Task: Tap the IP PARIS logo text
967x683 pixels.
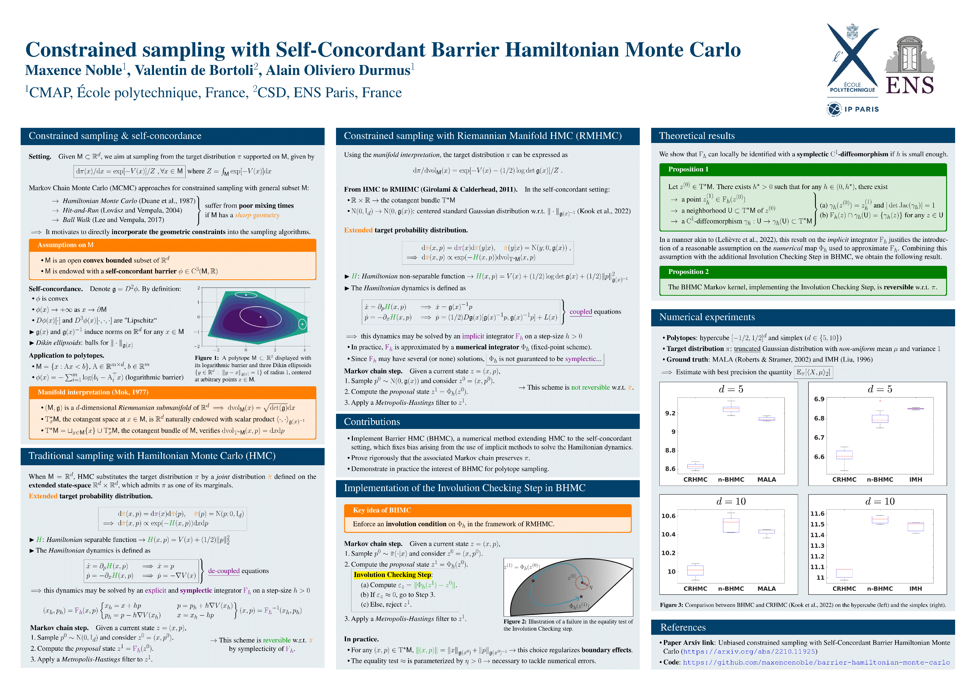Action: coord(861,109)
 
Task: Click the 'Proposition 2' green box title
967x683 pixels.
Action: coord(688,272)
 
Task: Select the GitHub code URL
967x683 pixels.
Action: coord(816,662)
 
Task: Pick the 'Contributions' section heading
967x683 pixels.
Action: coord(372,422)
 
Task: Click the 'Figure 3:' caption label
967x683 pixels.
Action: coord(671,605)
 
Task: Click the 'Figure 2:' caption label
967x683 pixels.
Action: coord(515,622)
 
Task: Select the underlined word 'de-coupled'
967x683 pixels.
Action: coord(224,571)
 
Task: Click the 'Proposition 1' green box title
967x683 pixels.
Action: coord(688,169)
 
